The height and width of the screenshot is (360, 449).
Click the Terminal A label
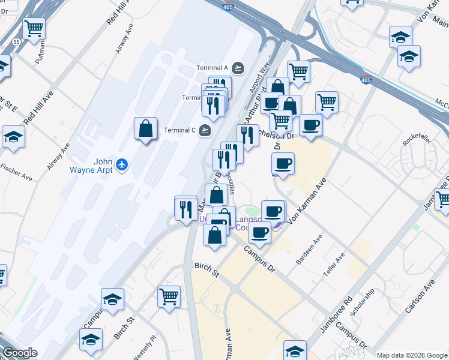[212, 68]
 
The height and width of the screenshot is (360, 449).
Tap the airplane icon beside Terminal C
[206, 130]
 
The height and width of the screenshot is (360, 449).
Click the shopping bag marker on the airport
[145, 129]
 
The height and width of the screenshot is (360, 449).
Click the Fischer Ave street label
[16, 172]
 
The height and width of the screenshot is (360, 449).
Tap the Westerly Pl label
[144, 347]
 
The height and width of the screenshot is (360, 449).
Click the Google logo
[20, 353]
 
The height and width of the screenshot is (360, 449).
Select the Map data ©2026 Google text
[411, 355]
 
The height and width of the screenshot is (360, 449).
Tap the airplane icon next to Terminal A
[238, 68]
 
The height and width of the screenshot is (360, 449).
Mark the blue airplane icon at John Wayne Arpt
[122, 164]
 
